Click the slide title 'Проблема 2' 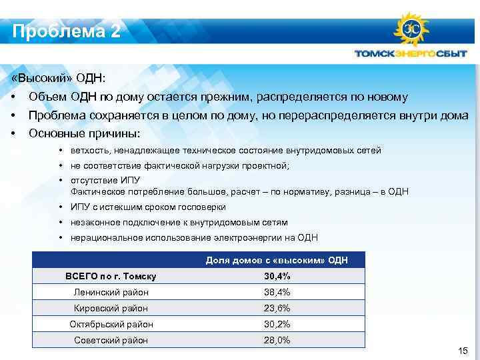point(66,31)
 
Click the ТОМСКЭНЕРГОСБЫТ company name point(410,55)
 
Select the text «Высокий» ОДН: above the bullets point(59,79)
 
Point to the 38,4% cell point(277,292)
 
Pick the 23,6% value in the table point(277,308)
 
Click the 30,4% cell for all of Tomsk point(277,276)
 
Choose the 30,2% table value point(277,324)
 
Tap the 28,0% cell point(277,340)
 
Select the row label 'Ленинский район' point(111,292)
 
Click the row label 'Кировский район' point(111,308)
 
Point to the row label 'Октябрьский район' point(111,324)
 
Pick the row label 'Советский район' point(111,340)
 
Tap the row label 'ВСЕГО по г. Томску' point(111,276)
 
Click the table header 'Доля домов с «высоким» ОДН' point(277,259)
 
